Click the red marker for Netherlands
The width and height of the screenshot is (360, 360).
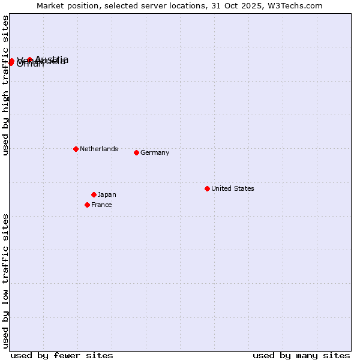tap(76, 149)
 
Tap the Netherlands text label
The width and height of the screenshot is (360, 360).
tap(99, 149)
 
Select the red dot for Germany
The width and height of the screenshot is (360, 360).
tap(136, 152)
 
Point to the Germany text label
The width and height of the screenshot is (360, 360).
tap(155, 152)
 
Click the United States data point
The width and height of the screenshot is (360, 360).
tap(207, 188)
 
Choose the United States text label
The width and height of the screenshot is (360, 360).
tap(233, 188)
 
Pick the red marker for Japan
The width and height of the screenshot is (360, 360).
tap(94, 194)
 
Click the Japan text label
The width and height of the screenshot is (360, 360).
tap(107, 194)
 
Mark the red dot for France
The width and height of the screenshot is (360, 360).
tap(87, 205)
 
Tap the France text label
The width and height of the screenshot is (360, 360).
tap(102, 205)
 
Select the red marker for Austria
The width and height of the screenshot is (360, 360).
tap(29, 59)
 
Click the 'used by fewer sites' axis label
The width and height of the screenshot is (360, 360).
tap(62, 355)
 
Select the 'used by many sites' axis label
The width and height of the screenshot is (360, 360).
tap(301, 355)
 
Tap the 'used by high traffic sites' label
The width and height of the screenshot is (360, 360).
tap(5, 85)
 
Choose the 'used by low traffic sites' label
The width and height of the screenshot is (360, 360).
tap(5, 281)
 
